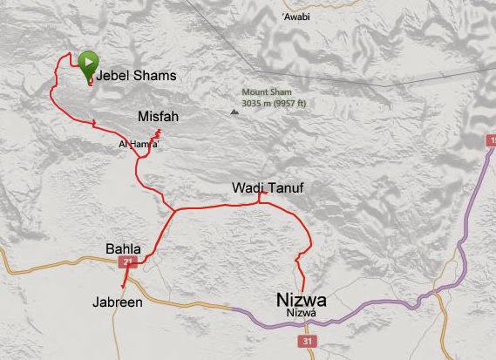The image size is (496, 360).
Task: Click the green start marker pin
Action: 88,64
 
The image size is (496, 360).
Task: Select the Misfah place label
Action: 160,116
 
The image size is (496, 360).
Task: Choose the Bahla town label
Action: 123,248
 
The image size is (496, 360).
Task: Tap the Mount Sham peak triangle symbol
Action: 233,111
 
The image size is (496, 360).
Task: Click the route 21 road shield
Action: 131,261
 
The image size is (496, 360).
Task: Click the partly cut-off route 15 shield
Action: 490,139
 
